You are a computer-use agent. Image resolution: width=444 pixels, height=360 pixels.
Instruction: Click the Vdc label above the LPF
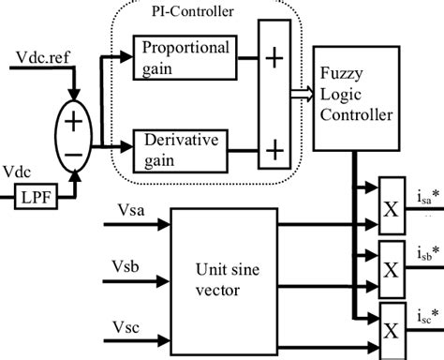[18, 176]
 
